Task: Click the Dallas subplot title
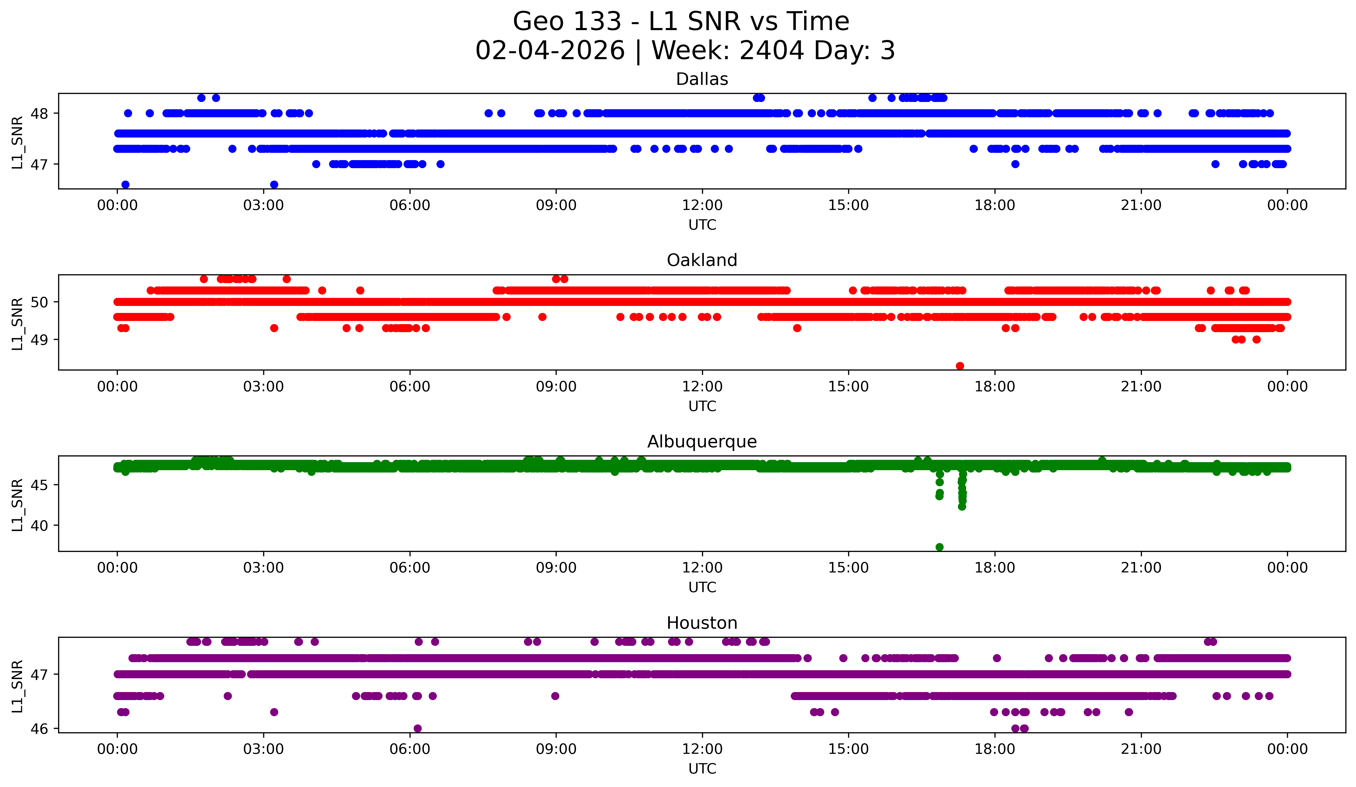click(702, 79)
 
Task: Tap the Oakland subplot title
click(702, 260)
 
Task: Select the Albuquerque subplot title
click(702, 442)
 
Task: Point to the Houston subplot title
click(702, 623)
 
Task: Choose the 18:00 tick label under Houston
click(994, 749)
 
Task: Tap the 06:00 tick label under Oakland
click(410, 386)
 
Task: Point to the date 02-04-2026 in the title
click(550, 51)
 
